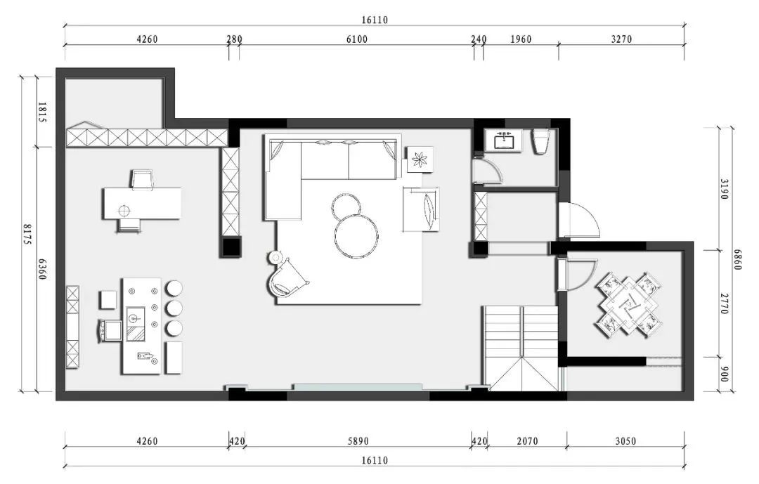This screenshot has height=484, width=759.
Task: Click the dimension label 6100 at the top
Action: (357, 39)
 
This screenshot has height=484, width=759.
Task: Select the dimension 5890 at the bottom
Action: (358, 441)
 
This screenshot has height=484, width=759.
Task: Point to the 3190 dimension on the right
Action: (724, 189)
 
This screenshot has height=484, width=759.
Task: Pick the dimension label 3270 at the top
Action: (621, 39)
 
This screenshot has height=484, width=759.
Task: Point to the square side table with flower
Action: (419, 159)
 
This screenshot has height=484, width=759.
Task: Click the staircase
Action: (521, 348)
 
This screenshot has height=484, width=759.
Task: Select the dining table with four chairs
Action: (629, 305)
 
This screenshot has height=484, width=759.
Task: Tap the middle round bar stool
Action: (174, 308)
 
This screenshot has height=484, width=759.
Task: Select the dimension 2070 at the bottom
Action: (527, 441)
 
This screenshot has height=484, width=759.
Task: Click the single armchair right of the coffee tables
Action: (421, 209)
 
